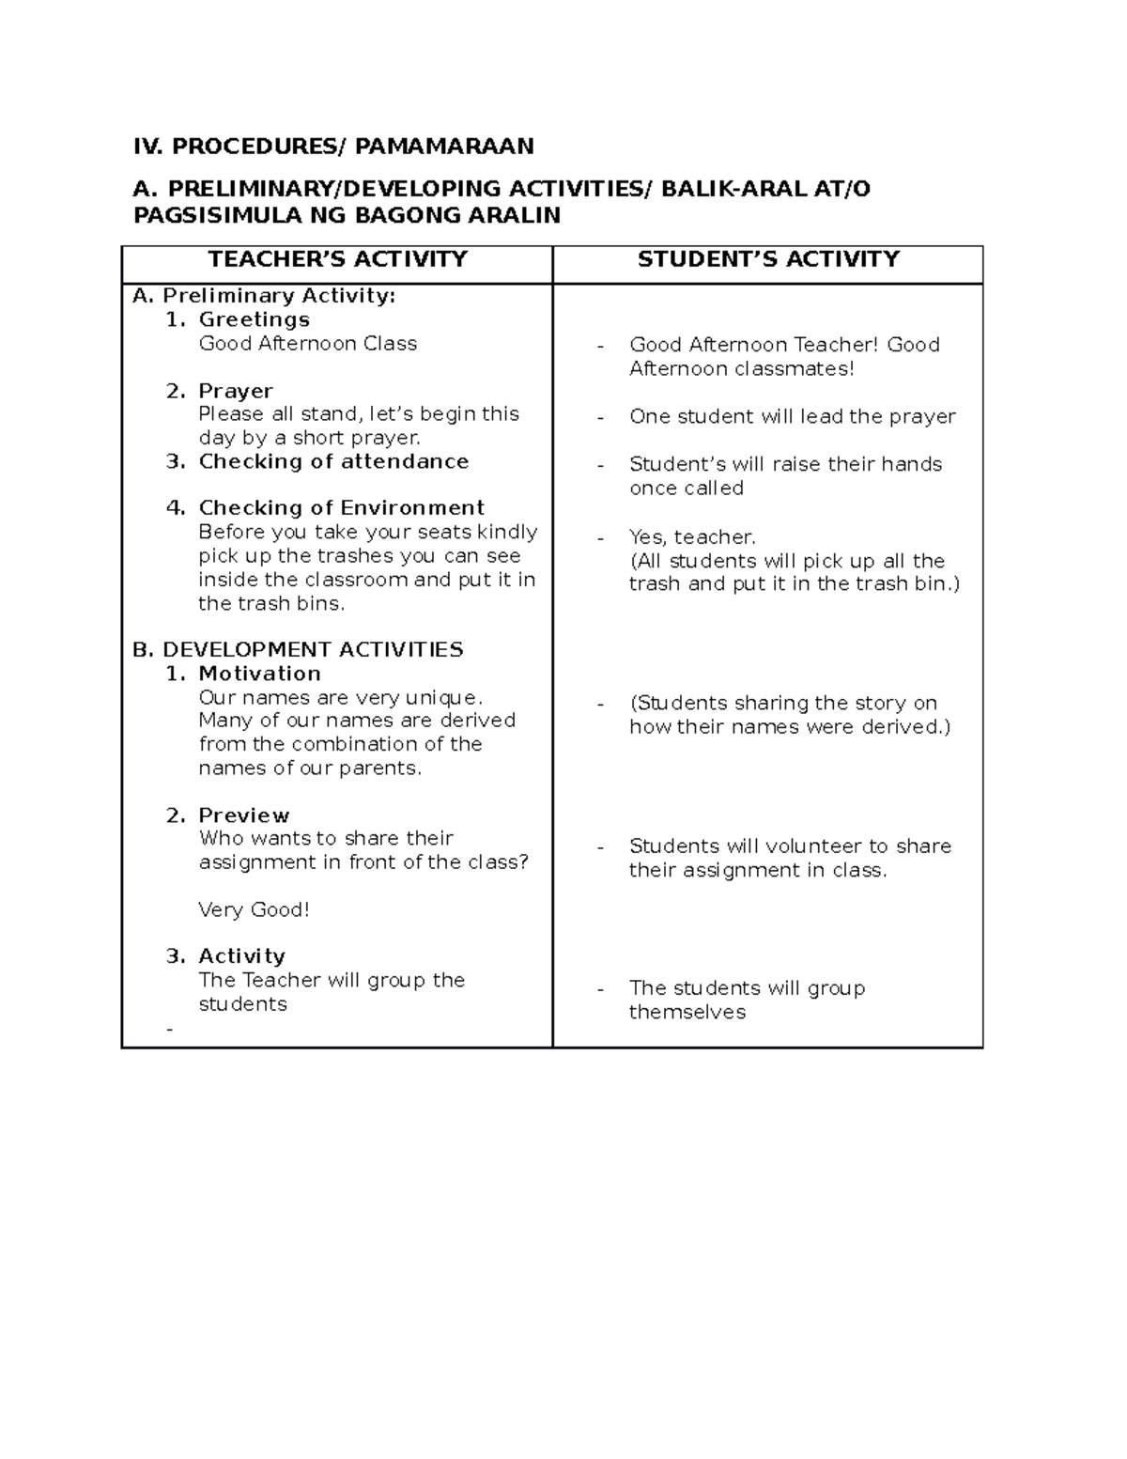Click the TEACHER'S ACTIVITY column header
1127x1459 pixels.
337,259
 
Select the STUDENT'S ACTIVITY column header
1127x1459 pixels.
768,259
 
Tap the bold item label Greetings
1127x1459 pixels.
254,320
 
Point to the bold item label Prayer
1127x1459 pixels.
236,391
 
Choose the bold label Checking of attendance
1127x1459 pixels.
333,461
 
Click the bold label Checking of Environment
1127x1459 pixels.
341,508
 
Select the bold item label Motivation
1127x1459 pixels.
259,674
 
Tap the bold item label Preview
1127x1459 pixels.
243,815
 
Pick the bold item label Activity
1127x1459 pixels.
241,956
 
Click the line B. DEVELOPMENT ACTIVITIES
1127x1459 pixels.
298,650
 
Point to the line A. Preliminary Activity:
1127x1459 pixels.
264,296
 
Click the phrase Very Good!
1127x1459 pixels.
254,909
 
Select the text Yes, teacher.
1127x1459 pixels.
692,537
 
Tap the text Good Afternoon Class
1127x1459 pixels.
308,344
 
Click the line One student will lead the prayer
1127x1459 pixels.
792,416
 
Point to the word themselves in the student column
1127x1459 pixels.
687,1013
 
